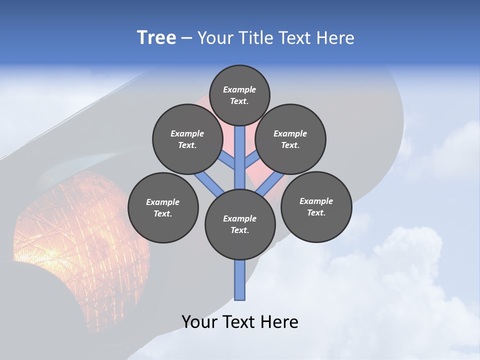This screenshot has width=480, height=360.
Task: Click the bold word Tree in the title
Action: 156,37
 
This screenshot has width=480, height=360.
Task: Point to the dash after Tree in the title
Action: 187,38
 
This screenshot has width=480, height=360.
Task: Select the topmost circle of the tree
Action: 239,95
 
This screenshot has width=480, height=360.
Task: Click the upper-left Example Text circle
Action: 187,139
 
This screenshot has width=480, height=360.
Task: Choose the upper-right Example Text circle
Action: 290,139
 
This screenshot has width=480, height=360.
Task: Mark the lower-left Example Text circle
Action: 163,207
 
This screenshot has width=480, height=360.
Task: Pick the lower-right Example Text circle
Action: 316,206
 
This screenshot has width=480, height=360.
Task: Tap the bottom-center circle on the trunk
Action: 240,224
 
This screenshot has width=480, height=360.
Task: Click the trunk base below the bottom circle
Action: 240,280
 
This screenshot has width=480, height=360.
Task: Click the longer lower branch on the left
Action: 209,182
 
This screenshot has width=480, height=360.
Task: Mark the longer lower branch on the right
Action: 270,183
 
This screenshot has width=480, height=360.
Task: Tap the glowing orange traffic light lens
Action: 75,235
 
